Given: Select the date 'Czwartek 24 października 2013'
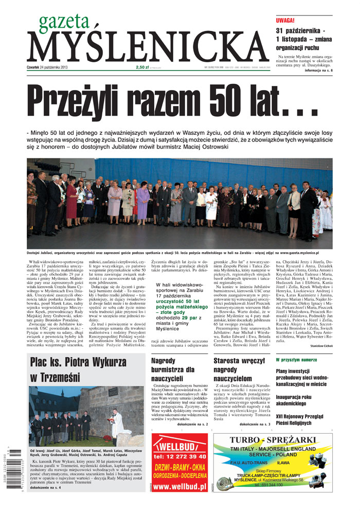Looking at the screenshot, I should (47, 67).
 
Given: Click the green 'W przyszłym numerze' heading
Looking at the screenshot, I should (296, 360).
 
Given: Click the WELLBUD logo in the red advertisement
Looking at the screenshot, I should (178, 444).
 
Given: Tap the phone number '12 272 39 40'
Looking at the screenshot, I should (180, 456).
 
